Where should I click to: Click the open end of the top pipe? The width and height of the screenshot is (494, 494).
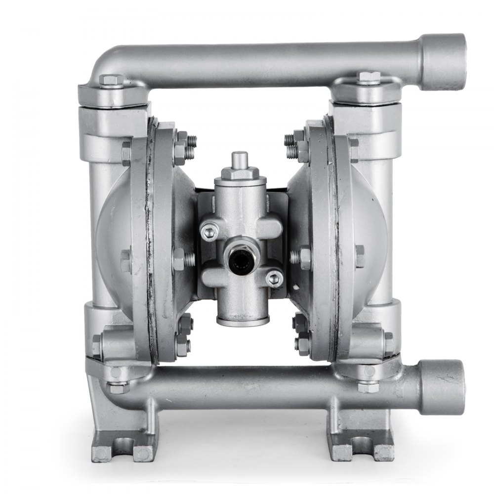tap(447, 62)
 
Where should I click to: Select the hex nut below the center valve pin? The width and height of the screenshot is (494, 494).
tap(240, 174)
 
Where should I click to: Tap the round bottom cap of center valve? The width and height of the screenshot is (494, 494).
tap(243, 320)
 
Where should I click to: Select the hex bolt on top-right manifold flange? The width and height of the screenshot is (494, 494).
tap(369, 78)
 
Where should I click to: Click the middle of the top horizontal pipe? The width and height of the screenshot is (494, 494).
tap(262, 58)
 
